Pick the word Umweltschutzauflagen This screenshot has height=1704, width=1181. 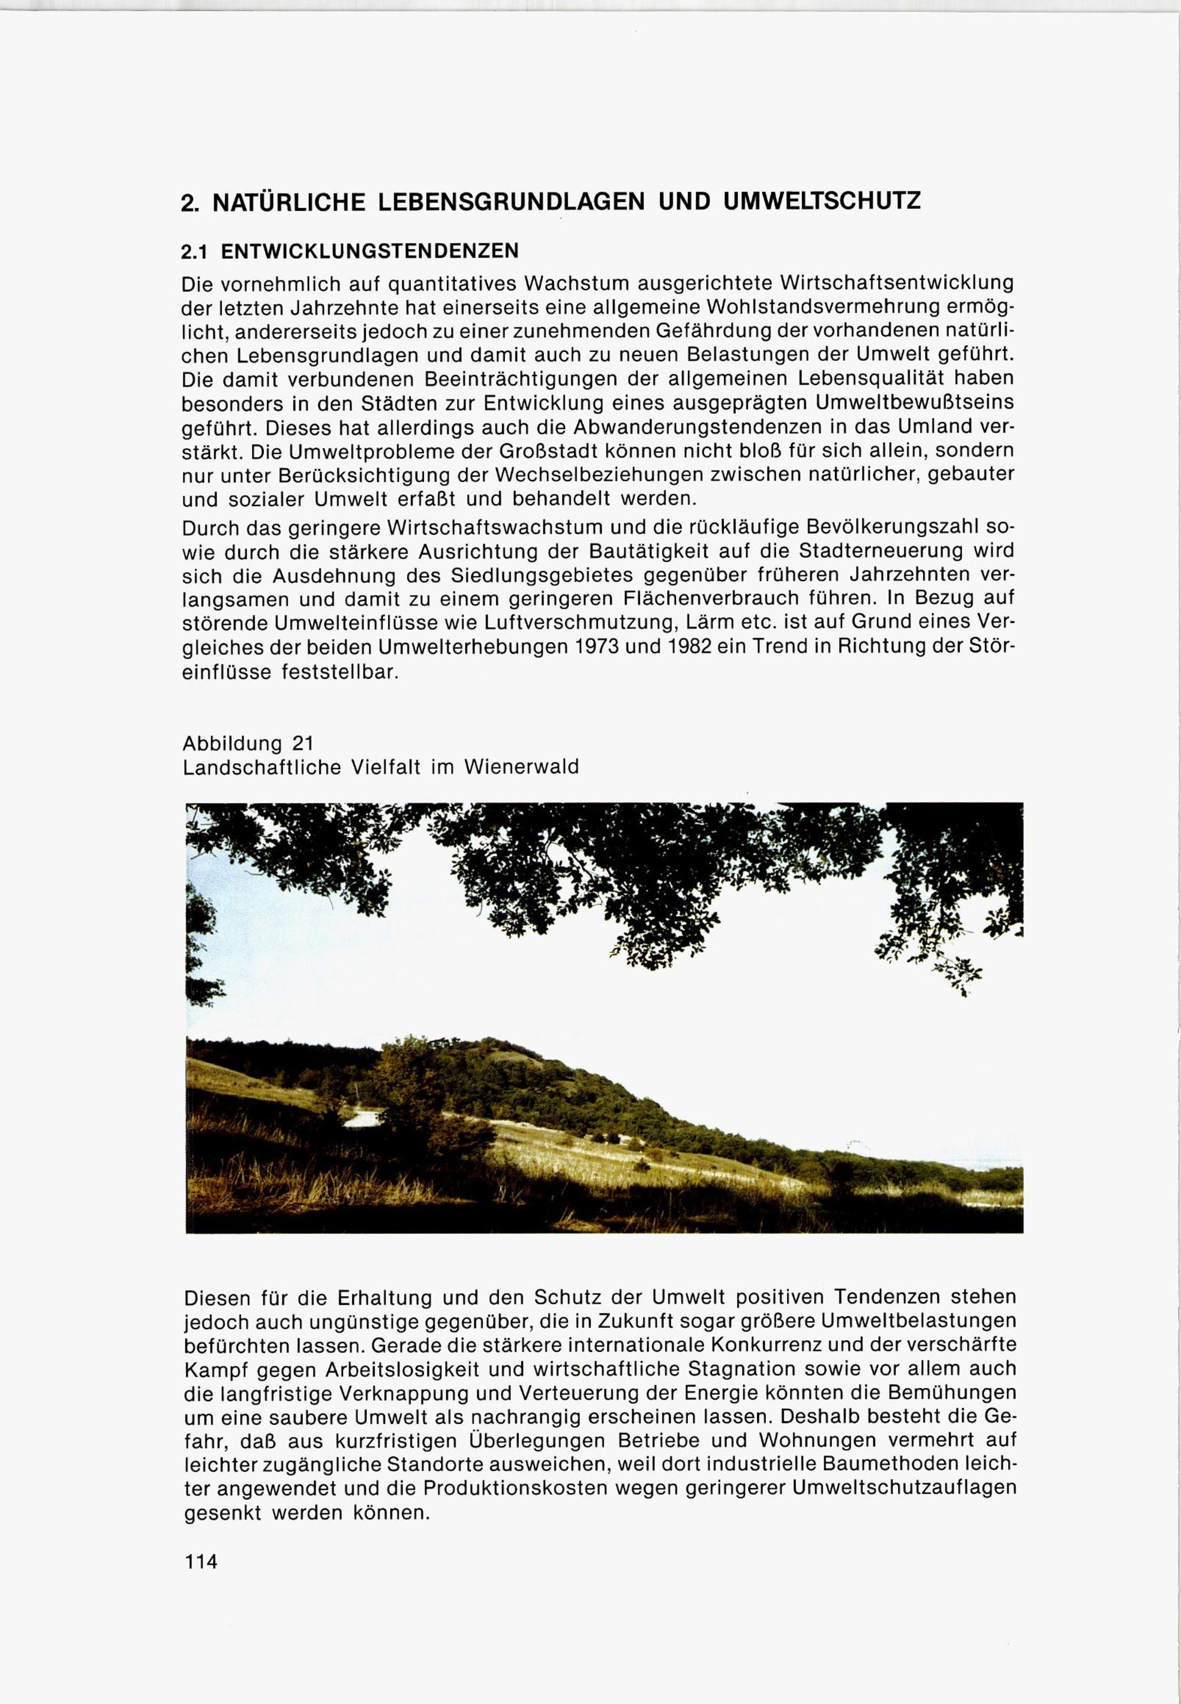point(905,1488)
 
